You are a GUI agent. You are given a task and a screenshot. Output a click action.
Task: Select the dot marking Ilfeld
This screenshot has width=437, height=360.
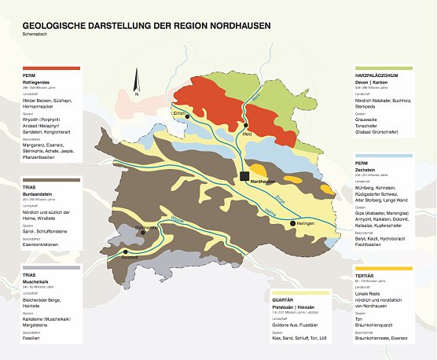tap(246, 125)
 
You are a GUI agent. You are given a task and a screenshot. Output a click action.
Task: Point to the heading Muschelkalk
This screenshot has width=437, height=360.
tap(38, 281)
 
